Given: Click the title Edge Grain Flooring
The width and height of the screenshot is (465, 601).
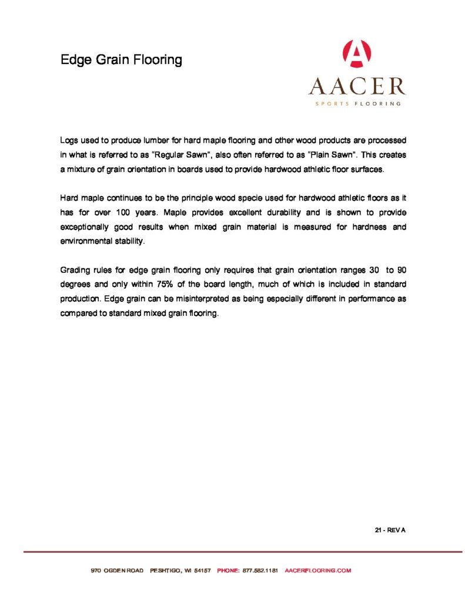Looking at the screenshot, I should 121,60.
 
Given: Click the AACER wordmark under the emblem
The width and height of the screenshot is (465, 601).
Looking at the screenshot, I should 357,87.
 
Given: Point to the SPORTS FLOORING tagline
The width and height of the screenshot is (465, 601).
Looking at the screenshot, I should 357,103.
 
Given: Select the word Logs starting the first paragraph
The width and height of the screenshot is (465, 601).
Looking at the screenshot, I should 69,141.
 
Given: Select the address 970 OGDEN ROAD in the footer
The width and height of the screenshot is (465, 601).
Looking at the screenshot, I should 117,570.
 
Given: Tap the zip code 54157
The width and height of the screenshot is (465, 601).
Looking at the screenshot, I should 202,570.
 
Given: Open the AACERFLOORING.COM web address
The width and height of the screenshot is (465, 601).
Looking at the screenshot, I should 318,570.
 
